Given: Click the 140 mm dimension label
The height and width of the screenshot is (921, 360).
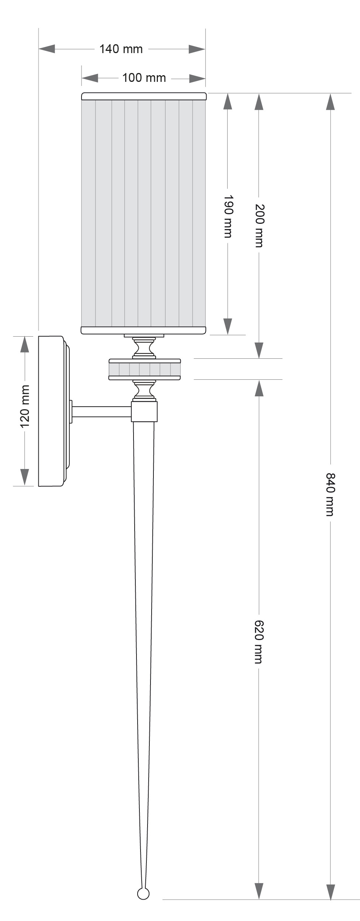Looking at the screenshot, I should (121, 49).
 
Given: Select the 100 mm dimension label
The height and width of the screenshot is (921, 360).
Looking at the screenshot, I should (144, 78).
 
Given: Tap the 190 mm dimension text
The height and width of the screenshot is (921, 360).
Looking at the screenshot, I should (228, 216).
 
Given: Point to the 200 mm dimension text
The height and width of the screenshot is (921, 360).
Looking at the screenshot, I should (259, 225).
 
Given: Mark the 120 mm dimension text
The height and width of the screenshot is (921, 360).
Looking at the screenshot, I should (25, 406).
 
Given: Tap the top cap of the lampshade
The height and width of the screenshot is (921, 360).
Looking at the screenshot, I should (144, 96).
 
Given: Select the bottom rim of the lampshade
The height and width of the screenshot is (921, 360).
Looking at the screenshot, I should (144, 330).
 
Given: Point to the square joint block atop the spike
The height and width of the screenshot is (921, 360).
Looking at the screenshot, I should (145, 411).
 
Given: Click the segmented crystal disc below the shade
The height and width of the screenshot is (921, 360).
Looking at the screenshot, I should (145, 369).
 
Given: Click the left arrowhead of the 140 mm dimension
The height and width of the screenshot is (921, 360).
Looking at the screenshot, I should (47, 49).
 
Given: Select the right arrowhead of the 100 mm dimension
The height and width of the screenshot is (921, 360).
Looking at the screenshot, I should (197, 78).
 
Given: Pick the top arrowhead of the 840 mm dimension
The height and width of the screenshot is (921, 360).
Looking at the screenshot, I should (330, 101).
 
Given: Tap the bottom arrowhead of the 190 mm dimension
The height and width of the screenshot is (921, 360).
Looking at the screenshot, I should (228, 327).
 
